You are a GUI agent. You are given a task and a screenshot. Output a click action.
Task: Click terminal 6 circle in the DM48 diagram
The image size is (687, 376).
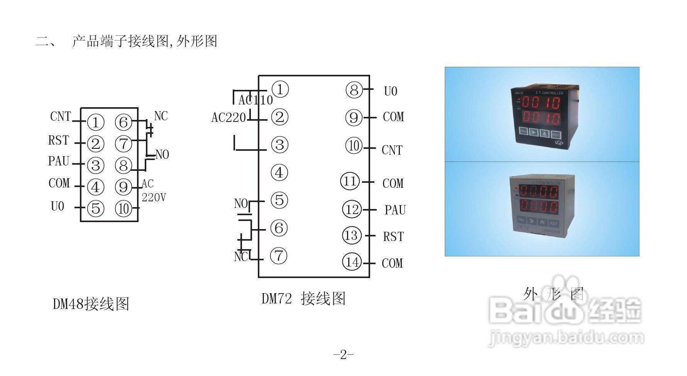pyautogui.click(x=124, y=122)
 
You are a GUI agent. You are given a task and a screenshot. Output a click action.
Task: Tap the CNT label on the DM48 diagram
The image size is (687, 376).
pyautogui.click(x=61, y=116)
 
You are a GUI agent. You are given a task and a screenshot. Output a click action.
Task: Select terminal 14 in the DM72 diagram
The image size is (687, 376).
pyautogui.click(x=352, y=262)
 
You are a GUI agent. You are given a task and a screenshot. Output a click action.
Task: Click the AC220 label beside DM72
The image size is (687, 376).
pyautogui.click(x=228, y=118)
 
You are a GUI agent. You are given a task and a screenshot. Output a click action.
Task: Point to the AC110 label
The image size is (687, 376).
pyautogui.click(x=256, y=100)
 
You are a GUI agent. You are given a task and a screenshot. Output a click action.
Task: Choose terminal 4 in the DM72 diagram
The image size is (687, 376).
pyautogui.click(x=279, y=172)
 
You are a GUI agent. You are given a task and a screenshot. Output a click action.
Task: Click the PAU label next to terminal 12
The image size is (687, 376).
pyautogui.click(x=395, y=210)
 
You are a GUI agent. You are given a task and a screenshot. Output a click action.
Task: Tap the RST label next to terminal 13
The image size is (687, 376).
pyautogui.click(x=393, y=236)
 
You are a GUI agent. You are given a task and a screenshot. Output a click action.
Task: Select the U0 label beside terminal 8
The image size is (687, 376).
pyautogui.click(x=391, y=91)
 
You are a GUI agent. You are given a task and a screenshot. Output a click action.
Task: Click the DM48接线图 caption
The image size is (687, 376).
pyautogui.click(x=91, y=304)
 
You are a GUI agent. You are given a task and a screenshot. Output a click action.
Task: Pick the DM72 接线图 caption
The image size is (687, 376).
pyautogui.click(x=303, y=298)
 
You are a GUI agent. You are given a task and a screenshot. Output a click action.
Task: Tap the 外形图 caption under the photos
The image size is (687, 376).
pyautogui.click(x=553, y=294)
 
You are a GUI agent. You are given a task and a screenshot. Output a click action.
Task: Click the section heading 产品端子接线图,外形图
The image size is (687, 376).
pyautogui.click(x=145, y=41)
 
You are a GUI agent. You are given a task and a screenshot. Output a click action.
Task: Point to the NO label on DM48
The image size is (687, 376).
pyautogui.click(x=162, y=155)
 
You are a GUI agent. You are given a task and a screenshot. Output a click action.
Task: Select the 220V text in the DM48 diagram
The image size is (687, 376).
pyautogui.click(x=154, y=197)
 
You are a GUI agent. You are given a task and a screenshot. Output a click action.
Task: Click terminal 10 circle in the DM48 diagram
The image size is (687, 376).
pyautogui.click(x=124, y=209)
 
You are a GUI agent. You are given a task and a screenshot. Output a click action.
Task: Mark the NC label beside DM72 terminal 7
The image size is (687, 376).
pyautogui.click(x=241, y=256)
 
